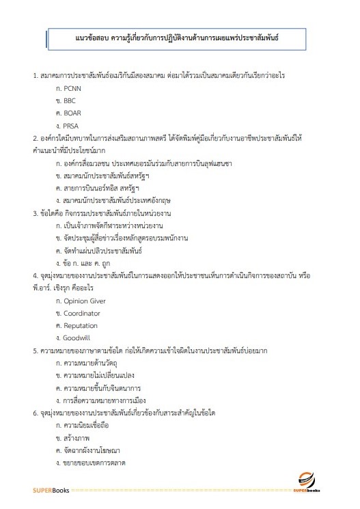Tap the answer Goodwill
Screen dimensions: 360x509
pos(77,338)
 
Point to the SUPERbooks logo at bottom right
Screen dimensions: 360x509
pos(314,484)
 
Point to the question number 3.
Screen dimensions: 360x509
pos(35,213)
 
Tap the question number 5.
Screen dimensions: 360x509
pos(35,350)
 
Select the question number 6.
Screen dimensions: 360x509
pos(35,413)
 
